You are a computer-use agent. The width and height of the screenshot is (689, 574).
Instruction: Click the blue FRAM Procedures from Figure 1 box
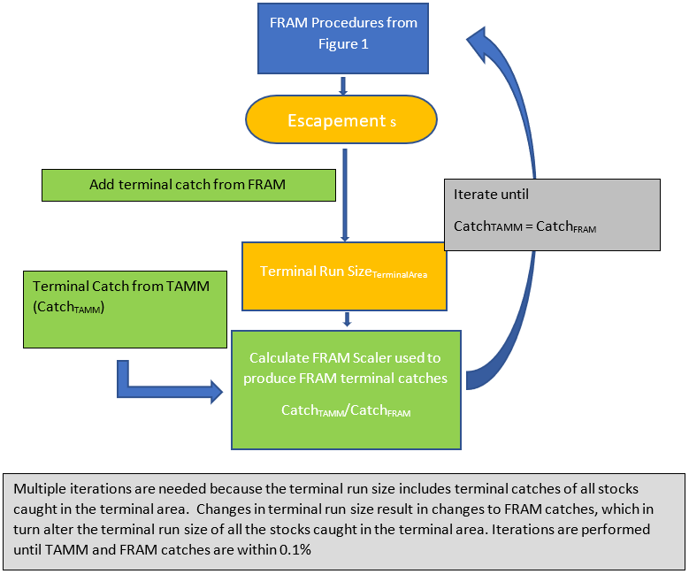point(343,38)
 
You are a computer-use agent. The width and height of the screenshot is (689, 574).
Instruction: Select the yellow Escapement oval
point(341,119)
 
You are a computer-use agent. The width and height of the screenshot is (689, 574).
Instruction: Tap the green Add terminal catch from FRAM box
point(188,185)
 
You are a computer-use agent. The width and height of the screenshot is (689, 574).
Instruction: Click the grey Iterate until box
point(552,215)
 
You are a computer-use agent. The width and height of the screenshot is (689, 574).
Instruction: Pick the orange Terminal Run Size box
point(344,277)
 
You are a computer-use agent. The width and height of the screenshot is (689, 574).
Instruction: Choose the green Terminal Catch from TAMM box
point(125,310)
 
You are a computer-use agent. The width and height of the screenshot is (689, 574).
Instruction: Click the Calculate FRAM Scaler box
point(346,390)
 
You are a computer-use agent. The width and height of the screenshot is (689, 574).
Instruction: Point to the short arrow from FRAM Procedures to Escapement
point(343,86)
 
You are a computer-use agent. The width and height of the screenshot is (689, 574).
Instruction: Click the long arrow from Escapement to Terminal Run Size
point(345,195)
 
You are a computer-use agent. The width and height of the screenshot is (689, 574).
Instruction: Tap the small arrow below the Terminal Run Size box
point(347,319)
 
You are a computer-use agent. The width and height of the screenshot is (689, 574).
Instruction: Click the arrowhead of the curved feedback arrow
point(481,44)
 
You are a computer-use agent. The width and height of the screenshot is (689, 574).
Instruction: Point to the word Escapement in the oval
point(337,120)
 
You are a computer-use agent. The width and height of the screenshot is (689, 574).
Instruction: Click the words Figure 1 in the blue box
point(343,44)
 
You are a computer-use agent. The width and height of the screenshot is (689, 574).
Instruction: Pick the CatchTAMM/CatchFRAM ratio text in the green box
point(346,410)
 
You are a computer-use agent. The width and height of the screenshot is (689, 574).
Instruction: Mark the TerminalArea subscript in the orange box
point(400,275)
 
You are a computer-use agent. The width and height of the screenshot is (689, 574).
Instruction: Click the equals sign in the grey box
point(529,226)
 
